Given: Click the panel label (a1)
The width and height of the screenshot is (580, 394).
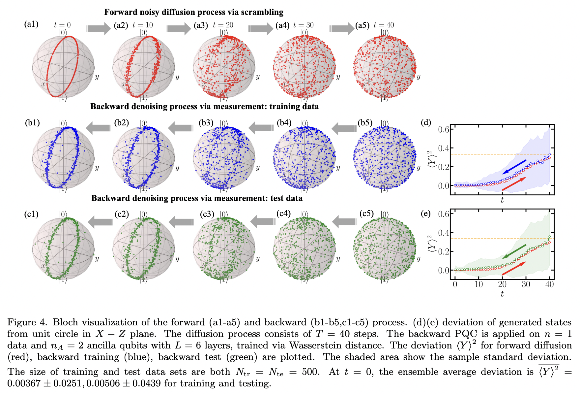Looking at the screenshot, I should coord(31,24).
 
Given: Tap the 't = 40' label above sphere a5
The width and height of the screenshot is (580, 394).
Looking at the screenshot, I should coord(384,25).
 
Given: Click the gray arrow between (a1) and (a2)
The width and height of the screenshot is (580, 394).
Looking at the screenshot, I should coord(98,29).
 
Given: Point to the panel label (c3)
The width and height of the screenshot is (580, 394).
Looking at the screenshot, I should coord(207,214).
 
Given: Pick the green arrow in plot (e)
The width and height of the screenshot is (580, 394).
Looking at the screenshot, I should coord(514,251).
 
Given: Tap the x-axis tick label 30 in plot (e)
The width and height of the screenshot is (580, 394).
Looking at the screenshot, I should coord(526,284).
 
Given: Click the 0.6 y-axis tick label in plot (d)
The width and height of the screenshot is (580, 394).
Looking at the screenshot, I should coord(444,129).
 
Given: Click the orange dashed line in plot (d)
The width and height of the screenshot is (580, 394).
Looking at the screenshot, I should coord(478,154).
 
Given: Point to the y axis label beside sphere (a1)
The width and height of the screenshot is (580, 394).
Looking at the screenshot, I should coord(97,77).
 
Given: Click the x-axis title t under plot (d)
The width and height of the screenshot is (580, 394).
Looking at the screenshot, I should coord(502,200).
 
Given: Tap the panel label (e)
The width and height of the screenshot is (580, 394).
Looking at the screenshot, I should coord(426,214).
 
